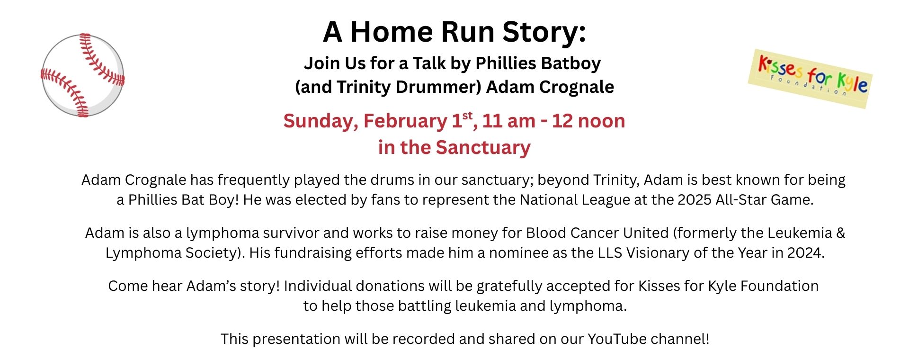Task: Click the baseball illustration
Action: pyautogui.click(x=83, y=75)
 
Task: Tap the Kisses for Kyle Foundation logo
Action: pyautogui.click(x=811, y=79)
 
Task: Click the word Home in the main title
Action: pyautogui.click(x=391, y=32)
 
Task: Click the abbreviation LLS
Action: pyautogui.click(x=610, y=253)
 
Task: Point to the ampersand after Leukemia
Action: pyautogui.click(x=840, y=233)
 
